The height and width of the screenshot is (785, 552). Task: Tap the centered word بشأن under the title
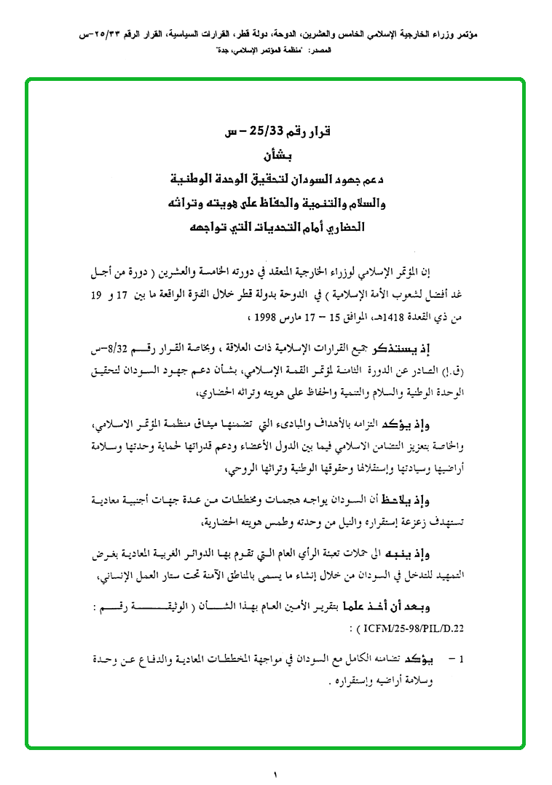tap(276, 155)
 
